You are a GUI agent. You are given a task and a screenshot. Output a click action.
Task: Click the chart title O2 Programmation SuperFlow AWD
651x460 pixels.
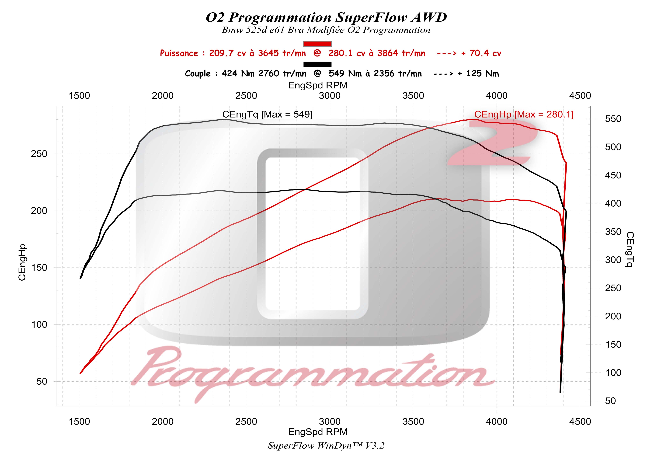pos(326,18)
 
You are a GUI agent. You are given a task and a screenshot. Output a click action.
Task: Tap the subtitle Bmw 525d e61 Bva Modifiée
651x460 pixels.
pos(284,30)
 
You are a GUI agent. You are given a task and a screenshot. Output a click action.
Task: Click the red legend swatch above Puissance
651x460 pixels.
pos(317,44)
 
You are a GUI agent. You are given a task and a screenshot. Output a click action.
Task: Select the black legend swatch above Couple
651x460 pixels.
pos(317,65)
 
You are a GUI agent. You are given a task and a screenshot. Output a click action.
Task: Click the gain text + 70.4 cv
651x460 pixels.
pos(481,53)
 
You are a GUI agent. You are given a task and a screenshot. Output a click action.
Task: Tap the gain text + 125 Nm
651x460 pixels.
pos(478,74)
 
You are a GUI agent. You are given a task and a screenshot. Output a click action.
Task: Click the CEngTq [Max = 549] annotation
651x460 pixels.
pos(267,114)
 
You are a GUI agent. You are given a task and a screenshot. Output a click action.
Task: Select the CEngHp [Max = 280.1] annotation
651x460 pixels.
pos(524,114)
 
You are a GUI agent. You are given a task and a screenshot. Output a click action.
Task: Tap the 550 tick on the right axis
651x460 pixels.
pos(613,119)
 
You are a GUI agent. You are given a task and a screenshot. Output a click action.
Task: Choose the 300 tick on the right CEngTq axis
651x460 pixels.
pos(613,260)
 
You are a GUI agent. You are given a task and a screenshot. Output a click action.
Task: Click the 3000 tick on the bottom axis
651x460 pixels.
pos(330,422)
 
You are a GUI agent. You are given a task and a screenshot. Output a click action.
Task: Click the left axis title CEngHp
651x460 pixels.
pos(22,262)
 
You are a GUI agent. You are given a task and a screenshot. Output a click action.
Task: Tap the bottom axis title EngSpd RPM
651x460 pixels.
pos(318,432)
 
